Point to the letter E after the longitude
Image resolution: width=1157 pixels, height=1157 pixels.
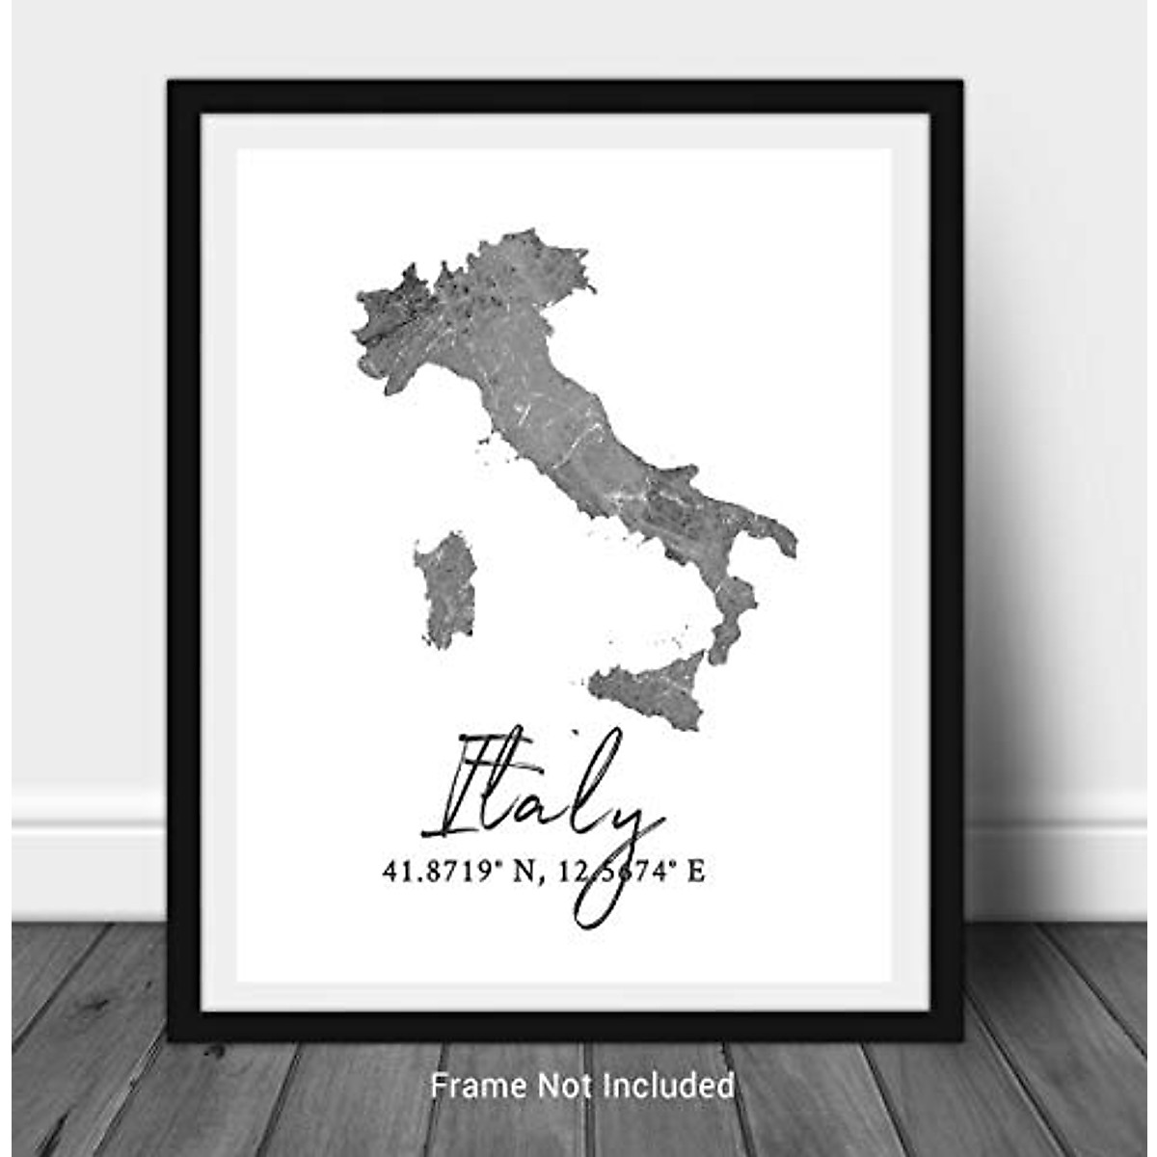point(695,873)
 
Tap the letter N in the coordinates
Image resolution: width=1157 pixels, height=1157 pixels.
point(522,873)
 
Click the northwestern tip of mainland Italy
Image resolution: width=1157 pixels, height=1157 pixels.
point(360,299)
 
